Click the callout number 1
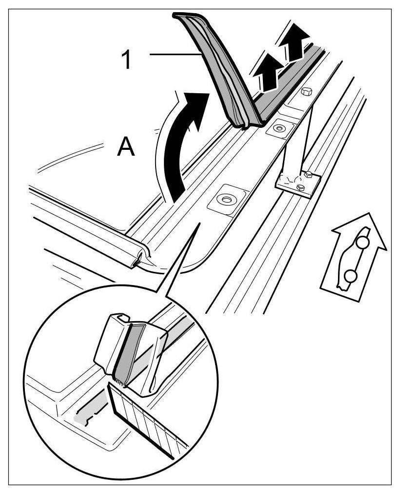coord(125,61)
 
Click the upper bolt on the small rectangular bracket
coord(307,174)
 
